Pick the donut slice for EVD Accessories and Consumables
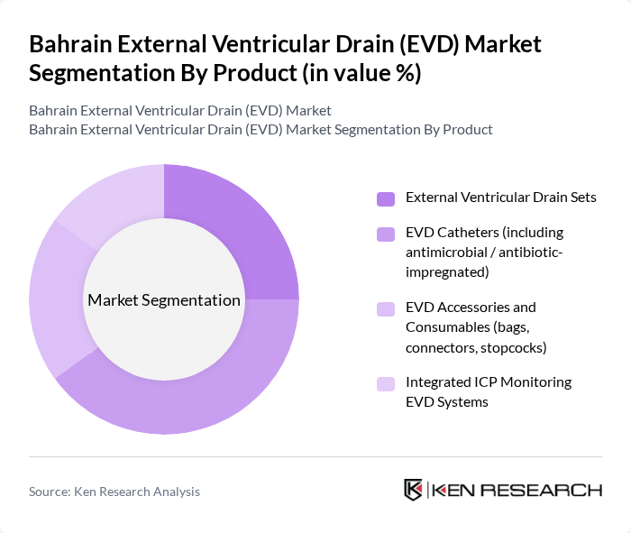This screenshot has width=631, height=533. [56, 298]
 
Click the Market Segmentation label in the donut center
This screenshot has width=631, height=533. [164, 300]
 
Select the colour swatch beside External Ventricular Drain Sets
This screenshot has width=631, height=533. [386, 198]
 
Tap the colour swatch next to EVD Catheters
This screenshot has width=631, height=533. [386, 234]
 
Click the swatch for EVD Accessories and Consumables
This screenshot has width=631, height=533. [386, 308]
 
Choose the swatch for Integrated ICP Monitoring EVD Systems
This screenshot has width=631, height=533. [386, 383]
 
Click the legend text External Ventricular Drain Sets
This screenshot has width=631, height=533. [501, 198]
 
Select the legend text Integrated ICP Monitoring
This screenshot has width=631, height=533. [489, 382]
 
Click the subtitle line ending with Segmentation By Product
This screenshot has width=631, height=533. [261, 130]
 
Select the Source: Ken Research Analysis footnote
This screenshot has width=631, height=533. [114, 492]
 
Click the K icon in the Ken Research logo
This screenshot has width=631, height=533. [413, 490]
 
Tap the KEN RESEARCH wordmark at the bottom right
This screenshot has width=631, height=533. [517, 491]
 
